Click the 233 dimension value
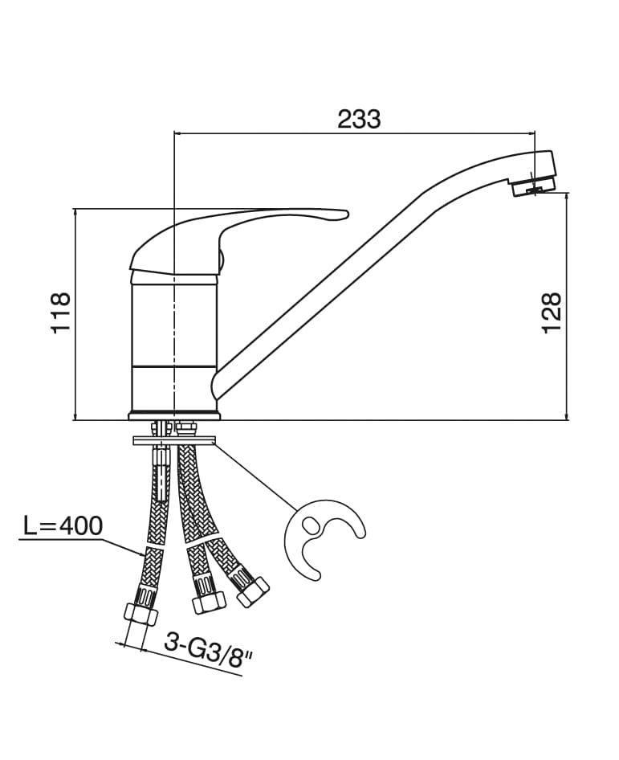(x=359, y=119)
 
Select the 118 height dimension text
(x=61, y=313)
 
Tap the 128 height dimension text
(x=552, y=313)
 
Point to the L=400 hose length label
(x=63, y=526)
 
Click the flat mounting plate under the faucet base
(x=175, y=439)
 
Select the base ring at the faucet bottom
(x=174, y=415)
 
